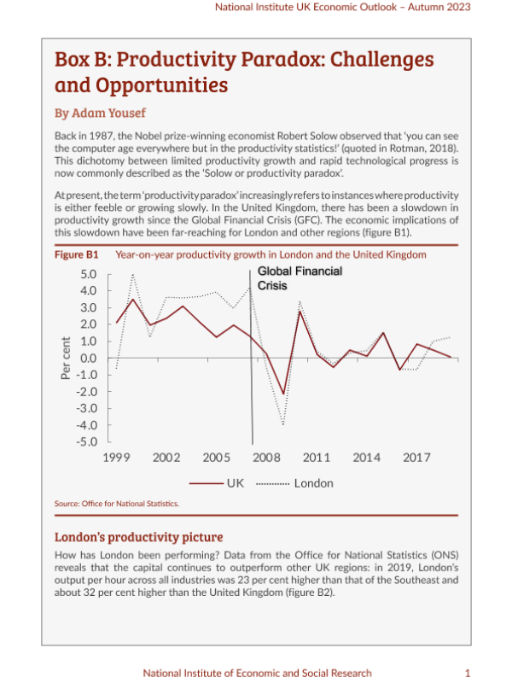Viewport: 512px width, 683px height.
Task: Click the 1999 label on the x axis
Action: (x=116, y=458)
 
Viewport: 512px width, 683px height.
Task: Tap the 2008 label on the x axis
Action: (x=266, y=458)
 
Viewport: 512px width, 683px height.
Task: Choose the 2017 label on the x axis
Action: (x=416, y=458)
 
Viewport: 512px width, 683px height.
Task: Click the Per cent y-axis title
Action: (x=66, y=358)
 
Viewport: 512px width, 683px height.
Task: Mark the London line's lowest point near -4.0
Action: (x=282, y=424)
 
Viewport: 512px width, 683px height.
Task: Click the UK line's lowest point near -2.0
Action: (x=282, y=394)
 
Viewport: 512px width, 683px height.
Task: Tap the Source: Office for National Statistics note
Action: (x=117, y=505)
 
